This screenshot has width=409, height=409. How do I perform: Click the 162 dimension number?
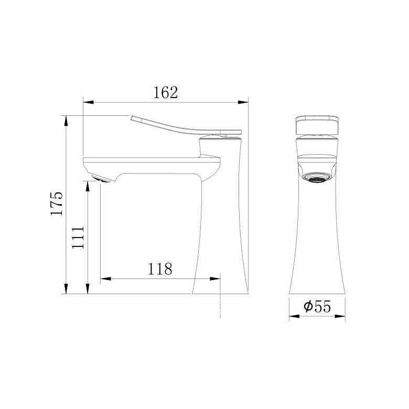165,92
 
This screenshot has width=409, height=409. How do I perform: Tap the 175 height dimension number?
57,204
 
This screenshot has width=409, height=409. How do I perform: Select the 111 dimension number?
78,238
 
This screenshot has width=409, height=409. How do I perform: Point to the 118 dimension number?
160,269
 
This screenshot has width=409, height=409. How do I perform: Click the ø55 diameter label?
317,306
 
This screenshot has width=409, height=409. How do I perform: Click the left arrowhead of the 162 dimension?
88,102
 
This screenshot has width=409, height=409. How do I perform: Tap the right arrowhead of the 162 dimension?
243,102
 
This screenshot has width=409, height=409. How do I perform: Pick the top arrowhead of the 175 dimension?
66,121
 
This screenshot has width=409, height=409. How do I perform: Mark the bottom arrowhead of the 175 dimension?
66,289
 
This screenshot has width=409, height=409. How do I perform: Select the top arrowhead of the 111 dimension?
88,186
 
